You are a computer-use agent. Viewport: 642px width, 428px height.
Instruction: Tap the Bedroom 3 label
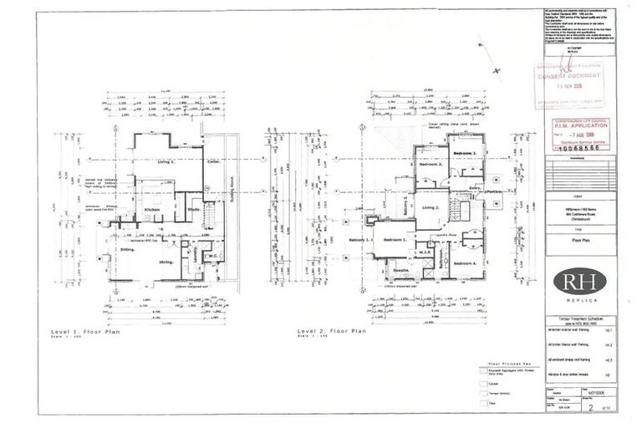[x=464, y=155]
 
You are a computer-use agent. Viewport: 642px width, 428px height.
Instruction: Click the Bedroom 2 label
[x=430, y=164]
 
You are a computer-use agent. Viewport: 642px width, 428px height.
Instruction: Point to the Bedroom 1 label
[x=395, y=241]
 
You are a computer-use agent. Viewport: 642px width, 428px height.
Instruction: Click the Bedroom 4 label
[x=465, y=263]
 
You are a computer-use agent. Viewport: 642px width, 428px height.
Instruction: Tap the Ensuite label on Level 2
[x=399, y=272]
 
